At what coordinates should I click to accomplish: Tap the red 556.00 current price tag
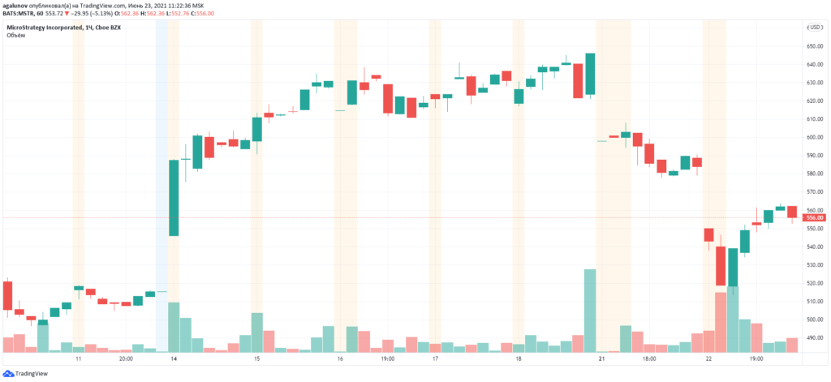point(814,217)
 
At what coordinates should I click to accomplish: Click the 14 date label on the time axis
point(173,358)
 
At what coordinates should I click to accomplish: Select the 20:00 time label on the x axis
point(126,358)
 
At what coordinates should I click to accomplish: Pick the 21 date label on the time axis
point(601,358)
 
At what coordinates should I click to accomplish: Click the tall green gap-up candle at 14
point(174,198)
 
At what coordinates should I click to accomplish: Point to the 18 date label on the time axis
point(518,358)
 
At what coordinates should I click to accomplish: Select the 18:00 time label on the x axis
point(648,358)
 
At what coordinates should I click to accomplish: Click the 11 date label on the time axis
point(79,358)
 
